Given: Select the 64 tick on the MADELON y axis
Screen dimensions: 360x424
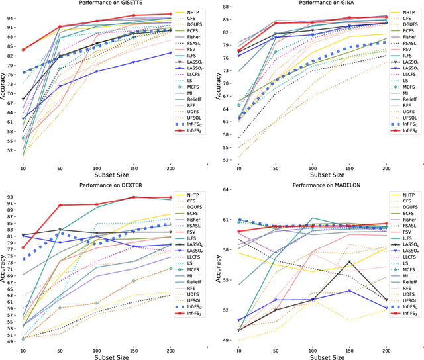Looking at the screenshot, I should click(x=227, y=189).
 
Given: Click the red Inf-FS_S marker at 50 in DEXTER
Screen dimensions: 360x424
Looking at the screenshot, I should click(x=60, y=205).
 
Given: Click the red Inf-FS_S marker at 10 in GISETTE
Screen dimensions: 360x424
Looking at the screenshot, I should click(x=23, y=50).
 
